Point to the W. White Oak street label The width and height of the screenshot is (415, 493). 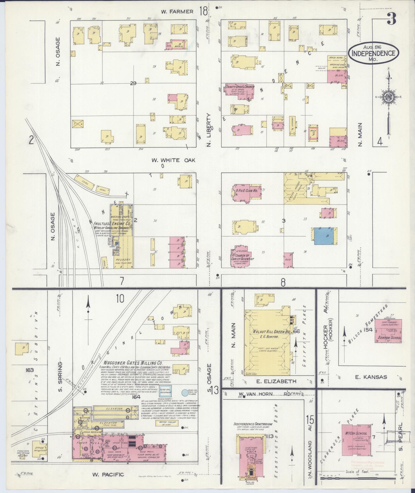pos(173,160)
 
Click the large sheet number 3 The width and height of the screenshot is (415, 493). pos(391,19)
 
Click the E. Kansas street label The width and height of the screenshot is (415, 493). pos(371,377)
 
